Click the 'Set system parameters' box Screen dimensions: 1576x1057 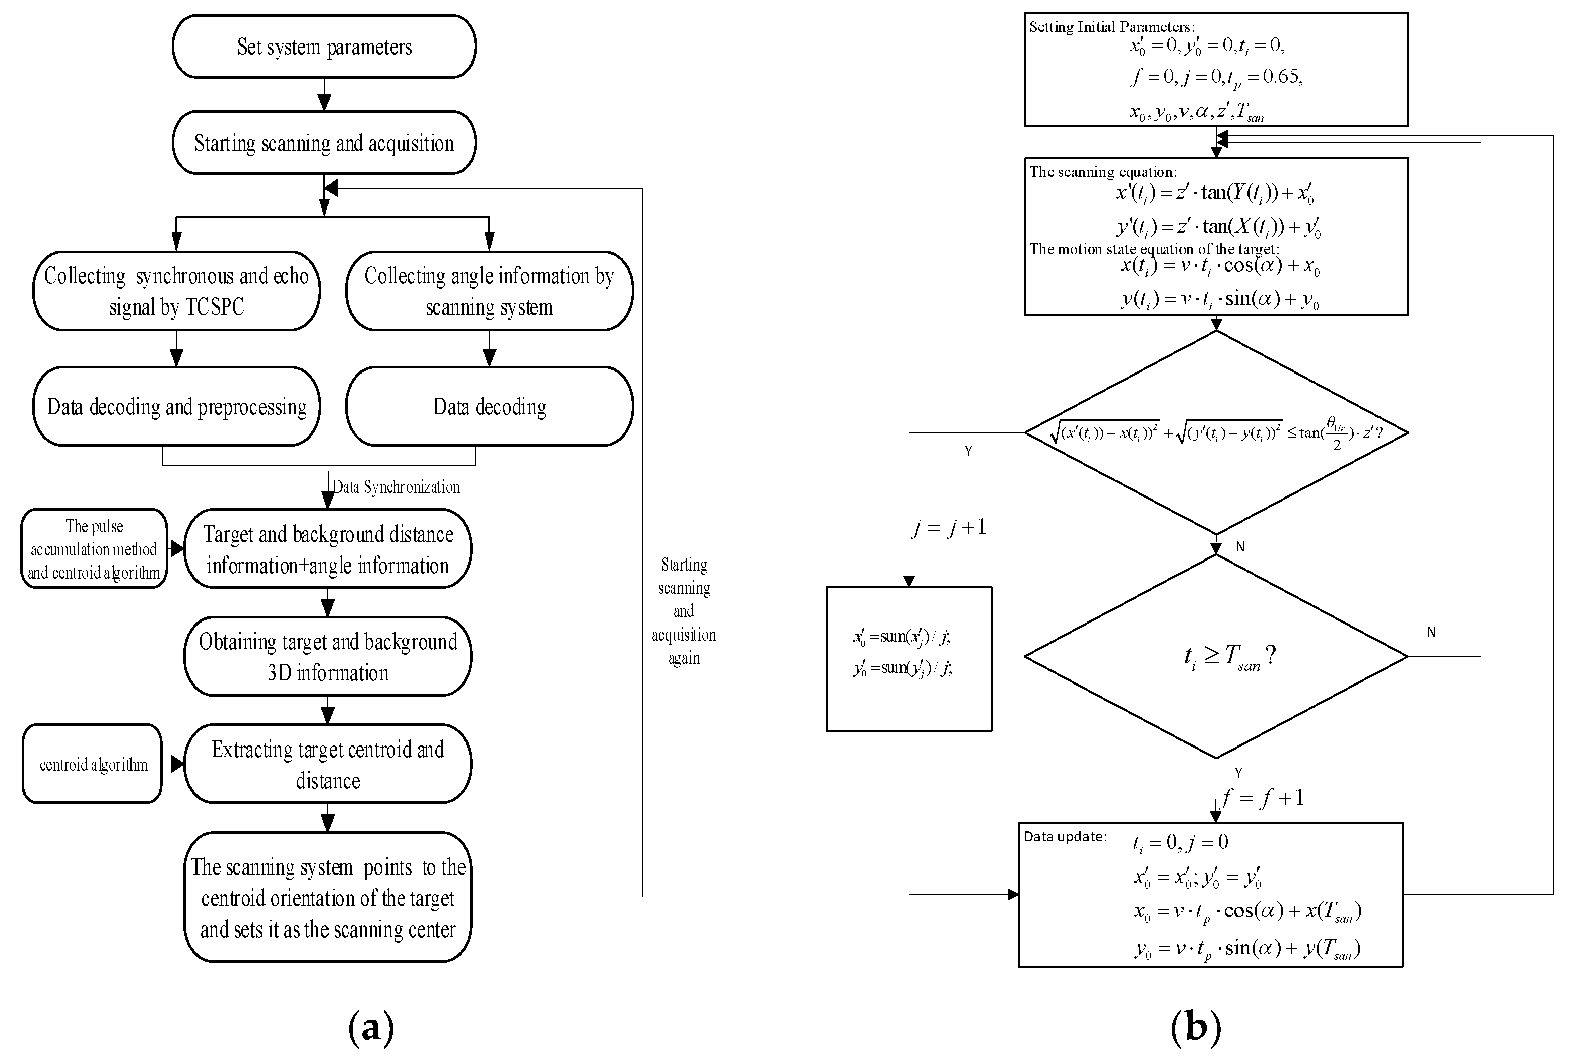pos(324,46)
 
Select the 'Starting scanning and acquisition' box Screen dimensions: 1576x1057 pos(324,143)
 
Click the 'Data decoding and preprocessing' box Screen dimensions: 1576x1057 pos(176,406)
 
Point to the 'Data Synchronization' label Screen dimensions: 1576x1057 pos(396,487)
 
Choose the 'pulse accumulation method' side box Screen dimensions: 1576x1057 pos(94,549)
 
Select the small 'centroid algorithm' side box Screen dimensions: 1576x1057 pos(92,764)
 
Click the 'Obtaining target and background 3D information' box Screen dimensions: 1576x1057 pos(328,657)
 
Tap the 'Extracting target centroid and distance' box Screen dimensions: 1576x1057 pos(328,764)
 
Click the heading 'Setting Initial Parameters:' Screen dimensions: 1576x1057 pos(1112,27)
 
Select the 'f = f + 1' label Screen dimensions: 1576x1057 pos(1263,798)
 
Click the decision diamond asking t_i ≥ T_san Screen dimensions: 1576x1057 pos(1216,656)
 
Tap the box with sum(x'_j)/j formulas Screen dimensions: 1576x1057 pos(909,659)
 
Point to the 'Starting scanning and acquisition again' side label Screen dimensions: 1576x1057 pos(684,611)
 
